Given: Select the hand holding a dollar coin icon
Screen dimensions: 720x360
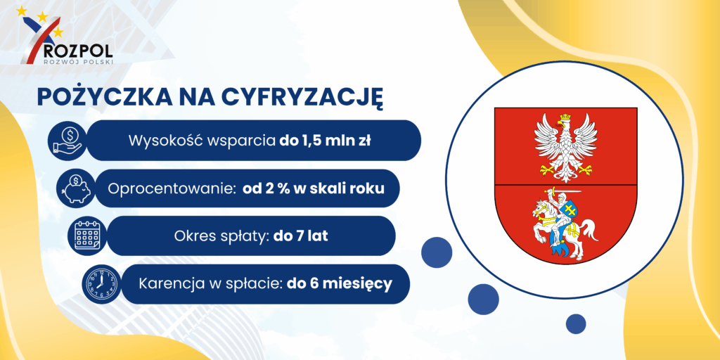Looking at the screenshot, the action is click(x=67, y=141).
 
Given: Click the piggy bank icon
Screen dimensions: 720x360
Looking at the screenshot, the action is click(x=77, y=188).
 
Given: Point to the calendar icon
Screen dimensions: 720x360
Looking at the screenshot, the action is click(x=87, y=236).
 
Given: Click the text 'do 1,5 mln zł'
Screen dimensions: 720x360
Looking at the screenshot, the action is click(x=325, y=141).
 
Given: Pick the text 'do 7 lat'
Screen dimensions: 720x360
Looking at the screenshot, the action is click(x=301, y=236).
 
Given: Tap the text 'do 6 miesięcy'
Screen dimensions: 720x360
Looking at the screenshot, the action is click(x=340, y=284).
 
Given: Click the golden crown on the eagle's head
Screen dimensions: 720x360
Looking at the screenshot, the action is click(x=565, y=117).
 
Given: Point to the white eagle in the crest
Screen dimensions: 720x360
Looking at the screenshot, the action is click(x=566, y=147).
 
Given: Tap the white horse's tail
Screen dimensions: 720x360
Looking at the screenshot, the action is click(x=589, y=230).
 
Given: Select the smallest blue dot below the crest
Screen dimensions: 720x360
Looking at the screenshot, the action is click(x=575, y=323).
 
